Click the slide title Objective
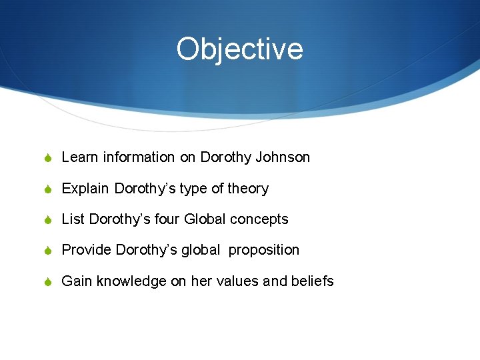[239, 49]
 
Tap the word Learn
[79, 158]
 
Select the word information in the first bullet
[138, 158]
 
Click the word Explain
[85, 189]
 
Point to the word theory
[248, 189]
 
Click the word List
[73, 219]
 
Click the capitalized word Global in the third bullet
[205, 219]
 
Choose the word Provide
[87, 250]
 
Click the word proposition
[264, 251]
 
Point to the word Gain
[77, 281]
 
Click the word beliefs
[312, 281]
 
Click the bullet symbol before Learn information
[49, 158]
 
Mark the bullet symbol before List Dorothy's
[49, 219]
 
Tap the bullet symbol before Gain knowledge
[49, 281]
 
